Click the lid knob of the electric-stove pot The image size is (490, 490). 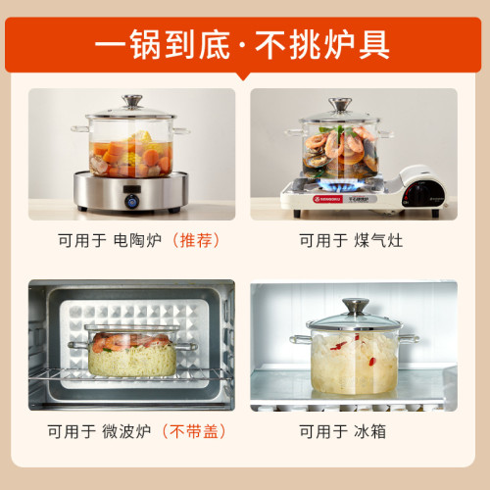pos(132,101)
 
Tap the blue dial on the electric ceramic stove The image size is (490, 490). pos(131,200)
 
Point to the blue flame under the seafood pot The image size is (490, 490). pos(340,186)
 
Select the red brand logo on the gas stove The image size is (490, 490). pos(327,199)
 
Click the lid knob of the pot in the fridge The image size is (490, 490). pos(356,306)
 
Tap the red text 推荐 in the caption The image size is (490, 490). pos(196,240)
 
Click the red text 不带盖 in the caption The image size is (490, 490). pos(194,431)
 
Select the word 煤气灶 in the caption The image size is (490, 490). pos(378,240)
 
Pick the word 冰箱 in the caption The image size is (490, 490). pos(370,431)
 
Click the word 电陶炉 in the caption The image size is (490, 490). pos(137,240)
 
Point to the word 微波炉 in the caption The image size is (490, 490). pos(126,431)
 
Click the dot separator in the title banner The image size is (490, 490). pos(242,45)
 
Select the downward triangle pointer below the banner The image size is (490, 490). pos(243,75)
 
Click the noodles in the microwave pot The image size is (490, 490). pos(132,360)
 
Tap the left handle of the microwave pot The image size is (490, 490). pos(77,345)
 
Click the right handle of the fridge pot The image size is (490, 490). pos(409,339)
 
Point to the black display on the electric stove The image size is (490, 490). pos(132,189)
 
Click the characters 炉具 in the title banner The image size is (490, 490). pos(356,44)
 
